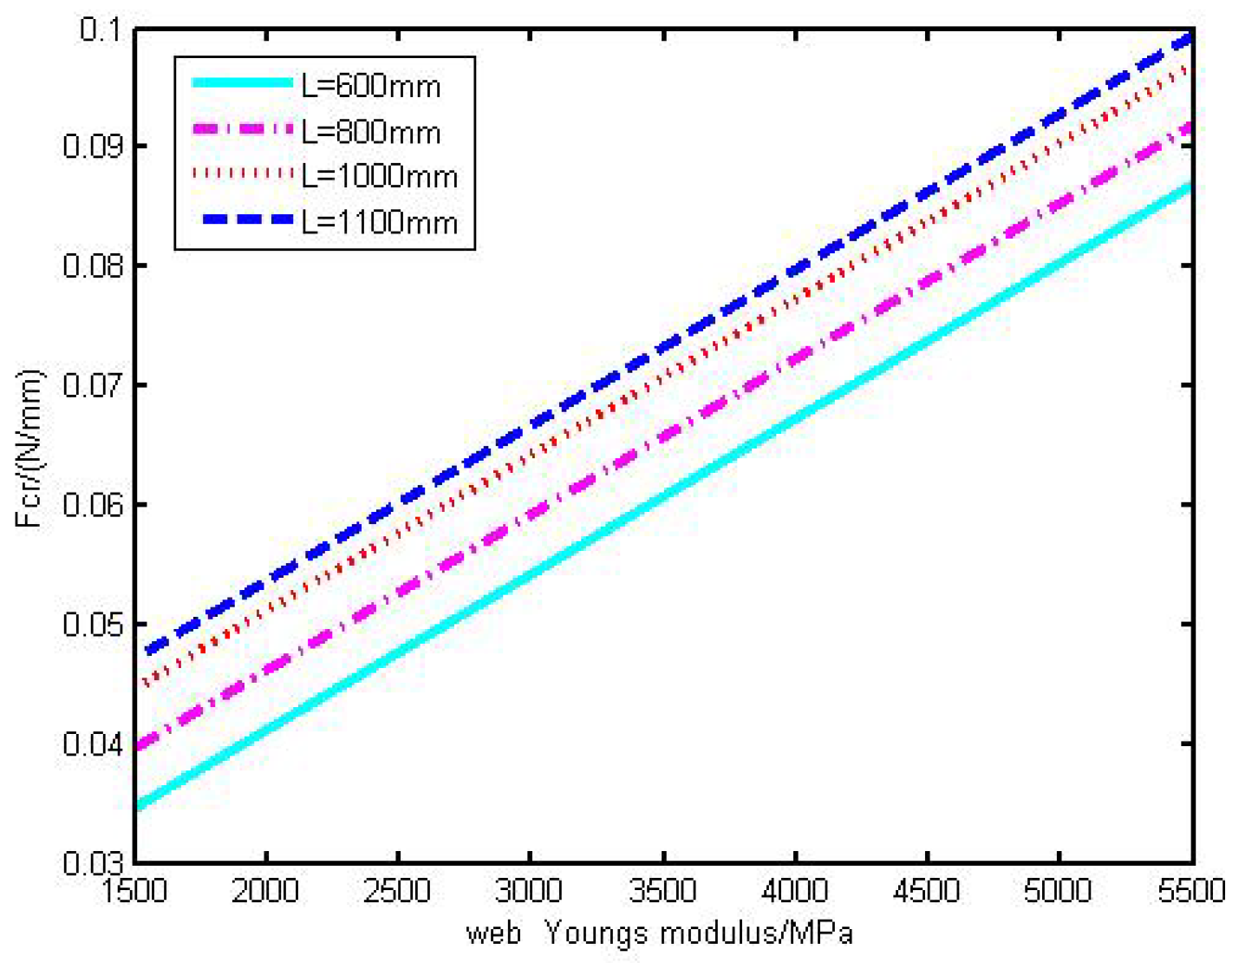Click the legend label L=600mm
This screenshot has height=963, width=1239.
click(370, 86)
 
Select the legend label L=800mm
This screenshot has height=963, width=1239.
click(370, 132)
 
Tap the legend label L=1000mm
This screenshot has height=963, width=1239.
click(379, 176)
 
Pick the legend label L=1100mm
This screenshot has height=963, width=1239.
click(379, 222)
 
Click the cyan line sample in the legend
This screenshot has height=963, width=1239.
click(242, 82)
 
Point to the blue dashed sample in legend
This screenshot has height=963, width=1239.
click(246, 219)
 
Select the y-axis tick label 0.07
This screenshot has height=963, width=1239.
click(92, 384)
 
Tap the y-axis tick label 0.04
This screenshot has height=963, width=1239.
click(92, 744)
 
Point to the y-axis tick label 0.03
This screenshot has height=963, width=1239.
click(92, 862)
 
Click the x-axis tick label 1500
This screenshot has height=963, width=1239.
click(134, 891)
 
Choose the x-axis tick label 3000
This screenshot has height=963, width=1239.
click(530, 891)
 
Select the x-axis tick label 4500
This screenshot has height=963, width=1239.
click(927, 891)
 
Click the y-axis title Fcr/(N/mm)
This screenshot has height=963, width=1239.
click(29, 449)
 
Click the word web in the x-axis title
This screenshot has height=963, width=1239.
click(493, 934)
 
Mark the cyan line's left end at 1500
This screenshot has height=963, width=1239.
click(139, 806)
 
